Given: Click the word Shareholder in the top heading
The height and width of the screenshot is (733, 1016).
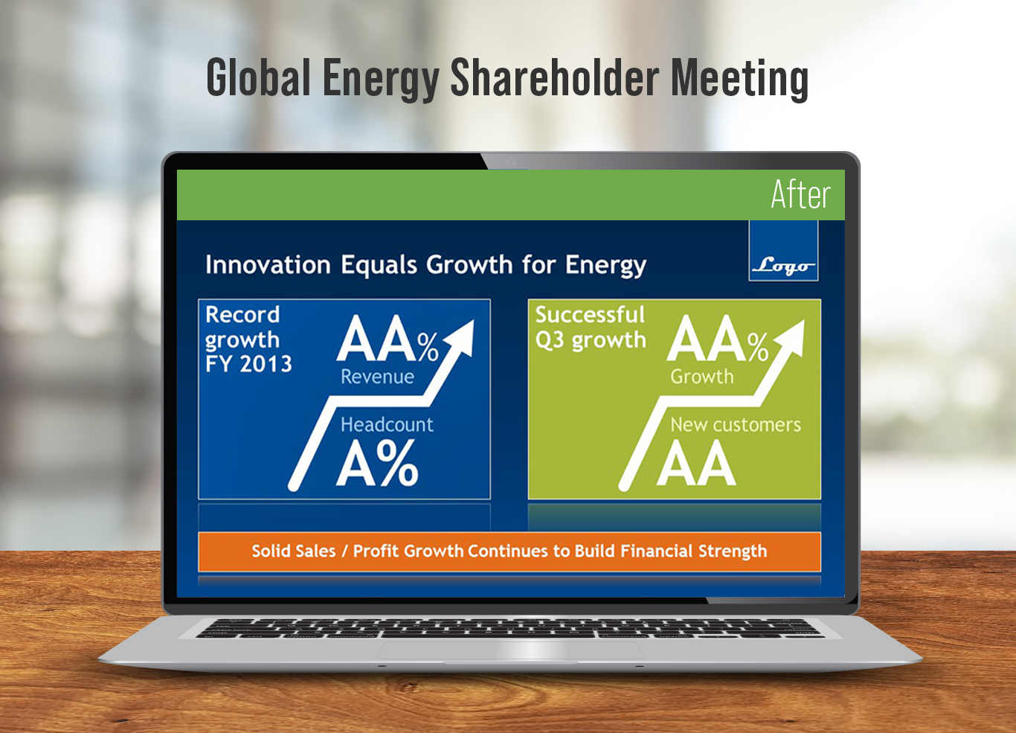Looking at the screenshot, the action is point(554,77).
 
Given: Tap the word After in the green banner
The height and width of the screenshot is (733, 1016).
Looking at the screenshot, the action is point(800,194).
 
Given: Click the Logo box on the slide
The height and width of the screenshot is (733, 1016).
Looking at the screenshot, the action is point(783,251).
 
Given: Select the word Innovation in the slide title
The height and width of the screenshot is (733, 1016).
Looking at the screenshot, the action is point(268,265).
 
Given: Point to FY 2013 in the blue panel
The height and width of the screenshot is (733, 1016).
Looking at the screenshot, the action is point(248,364).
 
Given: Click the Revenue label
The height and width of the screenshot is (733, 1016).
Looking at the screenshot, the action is point(377,377).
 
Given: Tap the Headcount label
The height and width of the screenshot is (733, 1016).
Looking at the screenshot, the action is point(387,425).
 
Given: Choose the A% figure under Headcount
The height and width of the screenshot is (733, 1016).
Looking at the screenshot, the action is point(377,464).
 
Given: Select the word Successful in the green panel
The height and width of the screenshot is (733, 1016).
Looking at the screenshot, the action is point(590,315).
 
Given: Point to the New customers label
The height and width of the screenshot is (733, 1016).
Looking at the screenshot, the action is point(736,425).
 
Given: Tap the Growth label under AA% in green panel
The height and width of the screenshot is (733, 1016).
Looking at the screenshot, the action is point(701,377).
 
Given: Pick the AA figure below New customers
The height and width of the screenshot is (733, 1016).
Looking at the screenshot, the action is point(696,464).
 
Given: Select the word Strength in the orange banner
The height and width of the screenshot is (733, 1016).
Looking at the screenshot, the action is point(733,551).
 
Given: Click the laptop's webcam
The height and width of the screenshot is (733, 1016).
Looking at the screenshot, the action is point(511,161).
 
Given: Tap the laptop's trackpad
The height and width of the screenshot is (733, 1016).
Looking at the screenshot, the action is point(510,650).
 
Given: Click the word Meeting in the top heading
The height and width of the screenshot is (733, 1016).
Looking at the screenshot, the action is point(739,79).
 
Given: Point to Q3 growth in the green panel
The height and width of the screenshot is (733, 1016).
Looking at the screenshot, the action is point(591,340).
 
